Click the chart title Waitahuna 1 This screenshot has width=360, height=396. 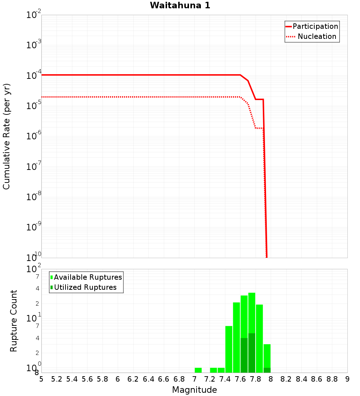pos(180,5)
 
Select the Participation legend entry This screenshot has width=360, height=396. pos(315,26)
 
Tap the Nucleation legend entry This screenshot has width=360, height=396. pos(317,36)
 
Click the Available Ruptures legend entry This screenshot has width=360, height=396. pos(88,277)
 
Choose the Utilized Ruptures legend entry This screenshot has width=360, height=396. pos(85,287)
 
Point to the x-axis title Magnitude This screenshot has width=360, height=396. pos(194,390)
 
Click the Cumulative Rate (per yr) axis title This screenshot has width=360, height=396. pos(6,136)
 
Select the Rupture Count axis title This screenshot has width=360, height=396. pos(14,321)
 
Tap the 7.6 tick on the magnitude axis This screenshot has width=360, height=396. pos(240,379)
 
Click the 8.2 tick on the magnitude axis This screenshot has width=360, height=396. pos(286,379)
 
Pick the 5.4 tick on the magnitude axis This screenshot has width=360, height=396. pos(72,379)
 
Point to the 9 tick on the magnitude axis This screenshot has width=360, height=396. pos(347,379)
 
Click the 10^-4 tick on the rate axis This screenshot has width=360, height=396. pos(34,75)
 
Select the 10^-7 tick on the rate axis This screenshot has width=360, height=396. pos(34,166)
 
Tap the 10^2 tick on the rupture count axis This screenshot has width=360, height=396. pos(34,269)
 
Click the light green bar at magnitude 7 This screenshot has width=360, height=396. pos(198,370)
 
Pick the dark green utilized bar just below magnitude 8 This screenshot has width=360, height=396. pos(267,370)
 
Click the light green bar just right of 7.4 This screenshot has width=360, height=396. pos(229,349)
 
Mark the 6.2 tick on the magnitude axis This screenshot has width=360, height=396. pos(133,379)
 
